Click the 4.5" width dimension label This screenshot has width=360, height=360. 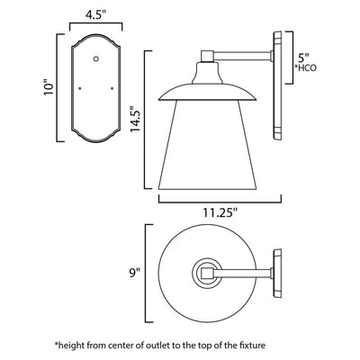(x=96, y=15)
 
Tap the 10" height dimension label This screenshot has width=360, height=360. (x=49, y=87)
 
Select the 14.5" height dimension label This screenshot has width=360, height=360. (x=135, y=119)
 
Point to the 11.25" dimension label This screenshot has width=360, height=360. (x=220, y=212)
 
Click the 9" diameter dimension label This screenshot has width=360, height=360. (x=135, y=274)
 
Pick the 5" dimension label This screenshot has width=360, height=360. (x=303, y=57)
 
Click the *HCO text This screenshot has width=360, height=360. (x=305, y=68)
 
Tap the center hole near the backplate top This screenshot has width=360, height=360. (x=96, y=58)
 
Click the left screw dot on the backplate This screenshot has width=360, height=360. (x=80, y=88)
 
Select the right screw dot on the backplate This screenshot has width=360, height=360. (x=112, y=88)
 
